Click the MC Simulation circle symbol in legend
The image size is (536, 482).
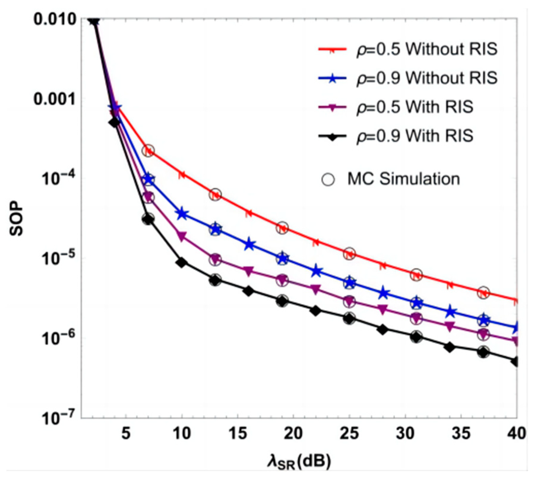(x=328, y=180)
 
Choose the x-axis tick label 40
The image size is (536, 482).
(x=516, y=434)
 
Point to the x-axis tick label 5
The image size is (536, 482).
(x=126, y=434)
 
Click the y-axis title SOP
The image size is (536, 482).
(x=16, y=218)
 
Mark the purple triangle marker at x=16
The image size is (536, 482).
(x=249, y=271)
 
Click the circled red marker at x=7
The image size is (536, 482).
(x=148, y=151)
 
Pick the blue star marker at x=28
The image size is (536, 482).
(x=383, y=293)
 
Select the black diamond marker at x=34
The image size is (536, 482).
(x=450, y=347)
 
